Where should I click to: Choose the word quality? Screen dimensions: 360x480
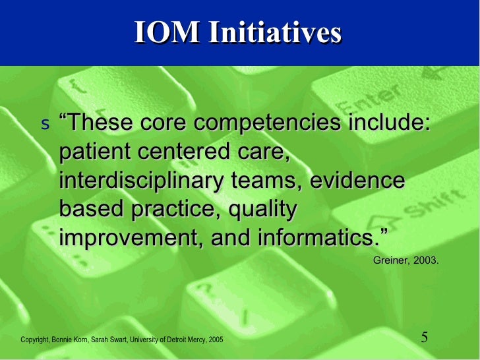point(262,210)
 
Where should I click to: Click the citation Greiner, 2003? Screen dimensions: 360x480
point(405,260)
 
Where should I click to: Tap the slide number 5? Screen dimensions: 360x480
point(425,338)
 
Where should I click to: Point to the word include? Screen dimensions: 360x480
point(389,123)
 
